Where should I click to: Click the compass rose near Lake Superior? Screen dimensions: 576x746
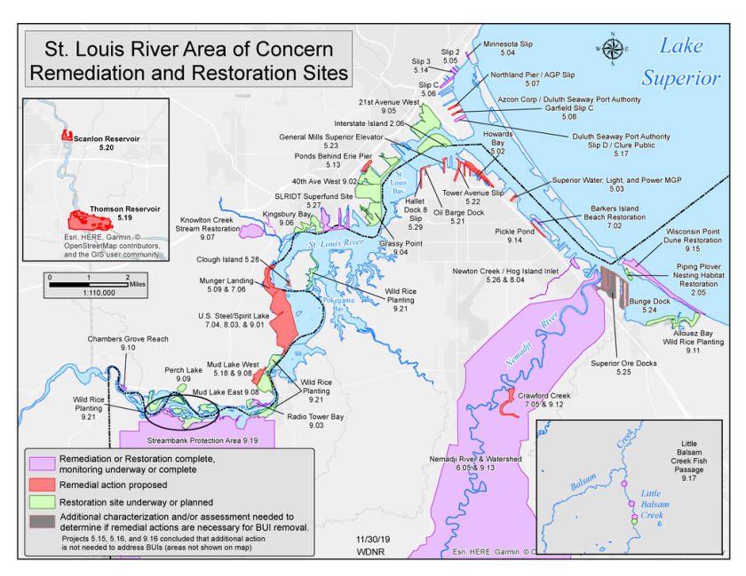613,49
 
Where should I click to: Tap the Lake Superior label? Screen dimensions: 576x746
682,62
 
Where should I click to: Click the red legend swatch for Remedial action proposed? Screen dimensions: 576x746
42,485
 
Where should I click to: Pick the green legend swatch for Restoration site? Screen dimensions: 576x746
42,502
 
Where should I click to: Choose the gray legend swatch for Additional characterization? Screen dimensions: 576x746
42,521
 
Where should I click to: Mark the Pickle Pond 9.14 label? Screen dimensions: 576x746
514,236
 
